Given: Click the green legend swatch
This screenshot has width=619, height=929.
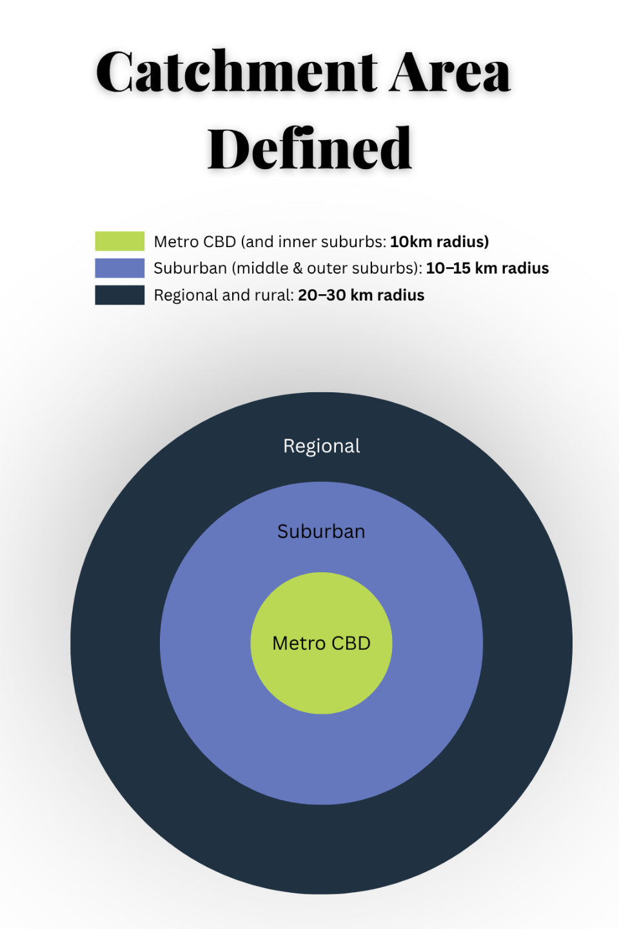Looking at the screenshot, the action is point(119,241).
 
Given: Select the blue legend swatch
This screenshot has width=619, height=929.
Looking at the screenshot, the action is point(119,268).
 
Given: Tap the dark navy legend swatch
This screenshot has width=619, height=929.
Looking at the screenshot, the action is point(119,295).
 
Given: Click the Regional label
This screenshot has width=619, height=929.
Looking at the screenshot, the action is point(321,446).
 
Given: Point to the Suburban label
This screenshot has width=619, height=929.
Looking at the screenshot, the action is point(321,532).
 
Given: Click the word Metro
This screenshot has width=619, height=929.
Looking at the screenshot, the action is point(299,643).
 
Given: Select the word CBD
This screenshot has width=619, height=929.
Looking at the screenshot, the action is point(351,643).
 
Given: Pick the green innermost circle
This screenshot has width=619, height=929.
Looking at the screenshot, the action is point(321,684).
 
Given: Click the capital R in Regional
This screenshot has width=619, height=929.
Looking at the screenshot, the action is point(289,446).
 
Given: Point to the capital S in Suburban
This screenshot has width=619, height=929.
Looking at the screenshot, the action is point(282,532).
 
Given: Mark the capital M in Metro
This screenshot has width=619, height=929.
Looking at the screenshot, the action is point(280,643).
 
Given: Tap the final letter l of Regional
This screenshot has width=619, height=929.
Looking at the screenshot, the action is point(358,446).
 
